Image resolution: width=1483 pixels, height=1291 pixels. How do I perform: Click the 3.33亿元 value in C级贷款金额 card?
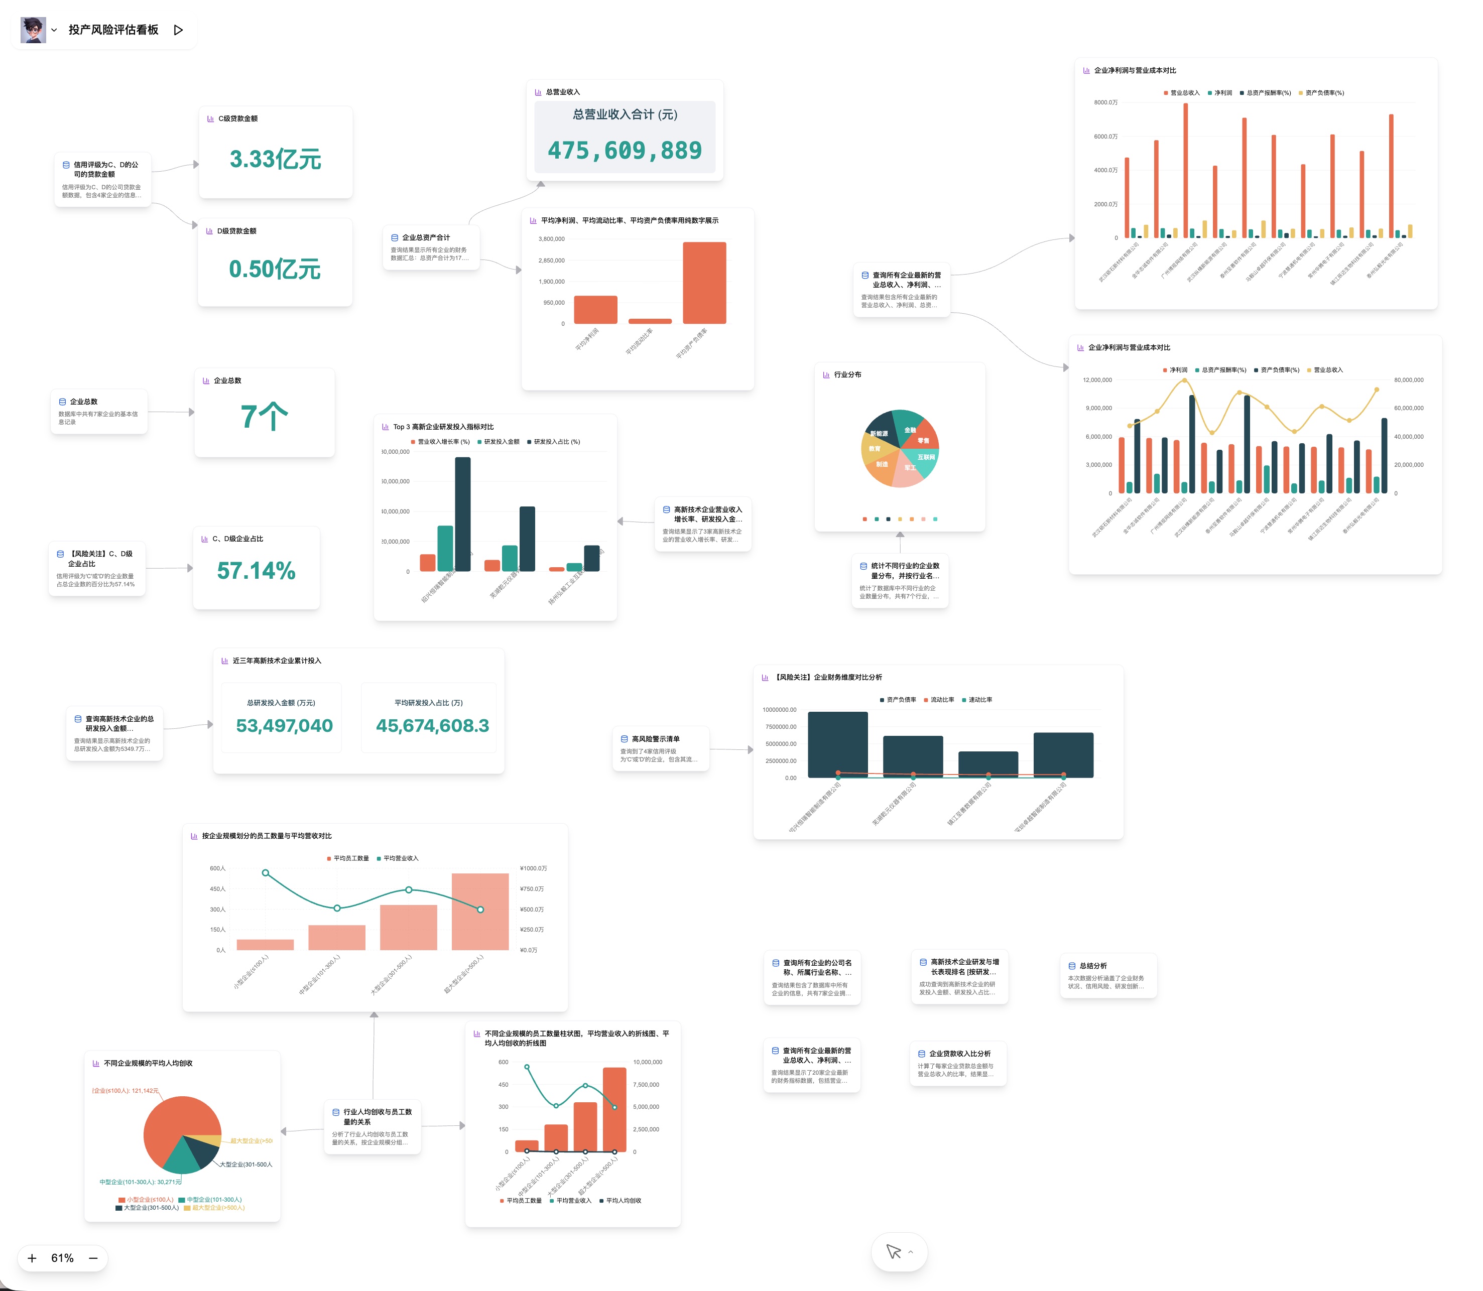pos(275,159)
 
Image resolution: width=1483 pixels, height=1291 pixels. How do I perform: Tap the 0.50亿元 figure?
pos(275,270)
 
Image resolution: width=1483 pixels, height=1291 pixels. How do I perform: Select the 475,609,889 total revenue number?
pos(624,151)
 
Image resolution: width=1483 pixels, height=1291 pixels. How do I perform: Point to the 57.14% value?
pos(256,571)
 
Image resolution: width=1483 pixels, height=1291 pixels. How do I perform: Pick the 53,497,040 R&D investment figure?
pos(284,725)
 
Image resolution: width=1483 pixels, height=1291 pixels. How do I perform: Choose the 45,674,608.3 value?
pos(432,725)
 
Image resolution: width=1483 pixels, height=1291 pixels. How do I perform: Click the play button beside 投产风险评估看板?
pos(178,30)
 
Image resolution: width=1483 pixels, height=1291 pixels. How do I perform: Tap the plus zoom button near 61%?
pos(32,1258)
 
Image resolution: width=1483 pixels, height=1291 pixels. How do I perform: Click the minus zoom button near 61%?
pos(93,1258)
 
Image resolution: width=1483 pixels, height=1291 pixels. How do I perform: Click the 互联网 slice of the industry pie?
pos(926,457)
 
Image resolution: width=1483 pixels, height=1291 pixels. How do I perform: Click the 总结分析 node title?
pos(1092,965)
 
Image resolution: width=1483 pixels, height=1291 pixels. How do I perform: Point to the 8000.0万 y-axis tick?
pos(1105,102)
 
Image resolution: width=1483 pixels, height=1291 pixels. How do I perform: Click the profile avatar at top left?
pos(33,30)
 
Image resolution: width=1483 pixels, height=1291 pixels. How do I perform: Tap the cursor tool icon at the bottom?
pos(894,1252)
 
